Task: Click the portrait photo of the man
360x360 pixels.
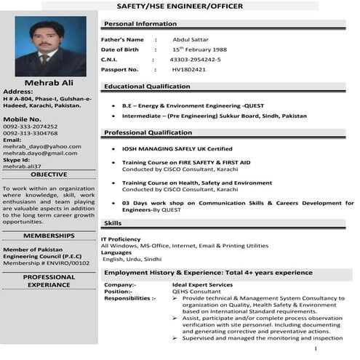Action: pos(49,47)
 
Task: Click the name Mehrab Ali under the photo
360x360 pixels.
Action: pos(49,83)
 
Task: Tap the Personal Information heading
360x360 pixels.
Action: pos(140,24)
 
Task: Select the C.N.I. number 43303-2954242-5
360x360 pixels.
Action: pos(196,59)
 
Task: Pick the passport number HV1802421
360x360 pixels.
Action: pos(189,69)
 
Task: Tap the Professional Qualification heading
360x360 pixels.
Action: pos(148,133)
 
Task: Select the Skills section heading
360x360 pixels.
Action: pos(113,223)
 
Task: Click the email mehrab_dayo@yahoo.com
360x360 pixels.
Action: pos(42,146)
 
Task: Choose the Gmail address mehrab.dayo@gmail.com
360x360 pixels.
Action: pos(40,153)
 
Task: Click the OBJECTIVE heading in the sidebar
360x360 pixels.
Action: pos(49,175)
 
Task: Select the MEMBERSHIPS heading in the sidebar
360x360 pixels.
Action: pos(49,236)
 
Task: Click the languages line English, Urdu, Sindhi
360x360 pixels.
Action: pos(132,259)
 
